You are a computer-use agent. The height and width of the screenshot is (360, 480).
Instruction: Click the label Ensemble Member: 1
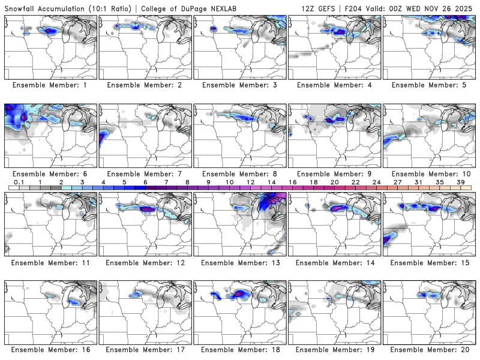coord(50,85)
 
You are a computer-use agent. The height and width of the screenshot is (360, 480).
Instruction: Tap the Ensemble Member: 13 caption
coord(239,263)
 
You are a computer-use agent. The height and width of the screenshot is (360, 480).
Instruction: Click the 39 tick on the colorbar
coord(461,182)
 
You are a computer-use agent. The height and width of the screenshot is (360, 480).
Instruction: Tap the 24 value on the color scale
coord(377,182)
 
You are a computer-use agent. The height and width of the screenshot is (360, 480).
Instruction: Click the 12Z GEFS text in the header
coord(322,8)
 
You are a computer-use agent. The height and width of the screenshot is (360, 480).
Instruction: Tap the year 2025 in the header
coord(465,8)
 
